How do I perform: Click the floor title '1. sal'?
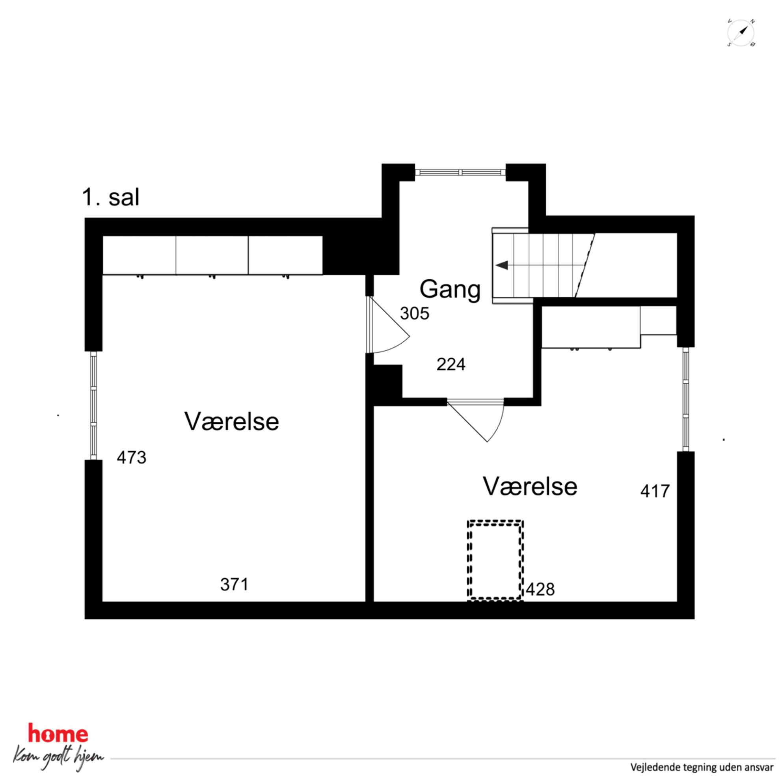[110, 197]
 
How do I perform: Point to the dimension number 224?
[451, 364]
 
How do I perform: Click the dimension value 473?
[131, 457]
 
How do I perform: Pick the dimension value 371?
[235, 584]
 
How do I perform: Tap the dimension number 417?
[655, 491]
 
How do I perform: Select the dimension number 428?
[540, 589]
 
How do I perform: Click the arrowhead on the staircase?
[502, 265]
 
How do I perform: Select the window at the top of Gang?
[460, 172]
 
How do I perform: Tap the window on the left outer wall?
[93, 405]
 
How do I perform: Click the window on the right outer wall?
[685, 399]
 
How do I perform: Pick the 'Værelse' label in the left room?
[231, 421]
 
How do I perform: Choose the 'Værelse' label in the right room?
[530, 486]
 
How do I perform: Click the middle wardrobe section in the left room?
[212, 255]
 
